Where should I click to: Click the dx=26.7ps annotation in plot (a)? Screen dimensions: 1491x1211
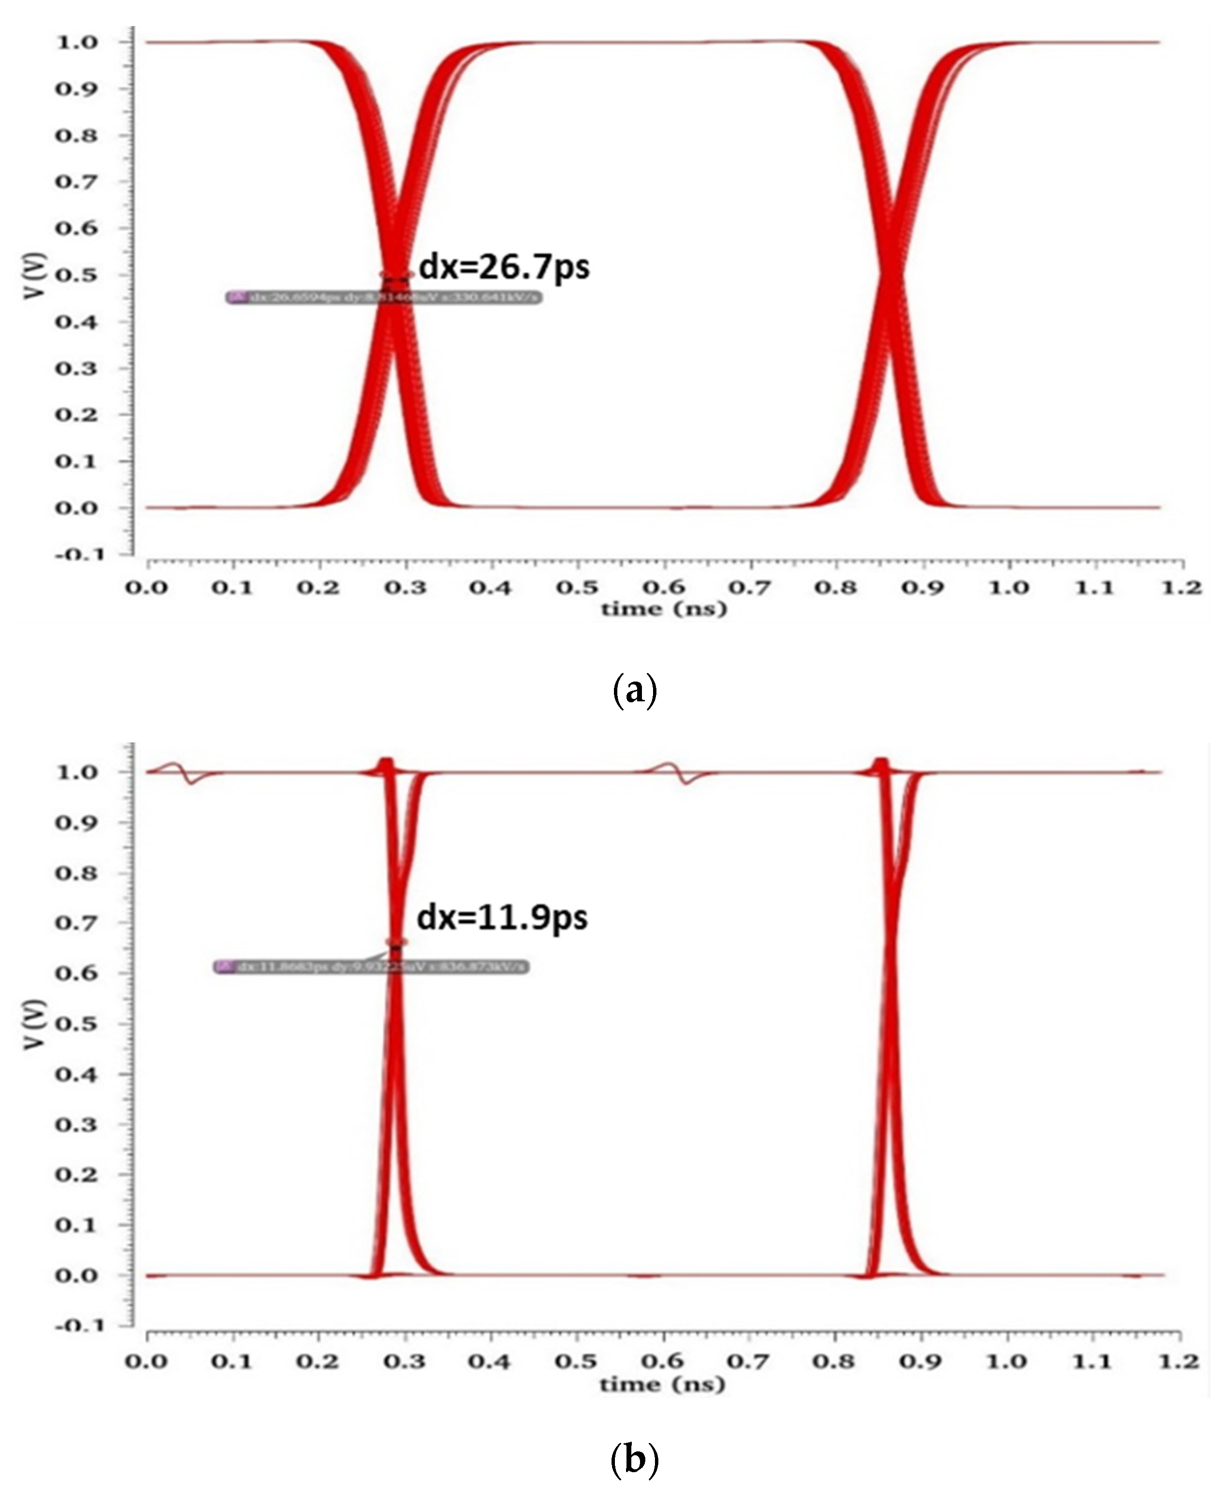[503, 267]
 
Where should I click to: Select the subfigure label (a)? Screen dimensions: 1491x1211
[633, 691]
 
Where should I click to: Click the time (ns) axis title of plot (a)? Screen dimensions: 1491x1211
[663, 609]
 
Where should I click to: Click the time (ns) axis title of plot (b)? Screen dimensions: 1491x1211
[662, 1384]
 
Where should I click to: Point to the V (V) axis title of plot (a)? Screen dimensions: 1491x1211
[33, 276]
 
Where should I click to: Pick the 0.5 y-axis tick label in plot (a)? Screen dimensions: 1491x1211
[77, 275]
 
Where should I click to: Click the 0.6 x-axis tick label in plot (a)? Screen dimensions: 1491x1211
[663, 587]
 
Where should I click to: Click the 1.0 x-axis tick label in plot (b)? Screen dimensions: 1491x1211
[1007, 1362]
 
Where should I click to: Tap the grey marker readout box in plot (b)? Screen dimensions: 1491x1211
[371, 967]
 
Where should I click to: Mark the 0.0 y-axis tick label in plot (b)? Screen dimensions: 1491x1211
[77, 1275]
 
